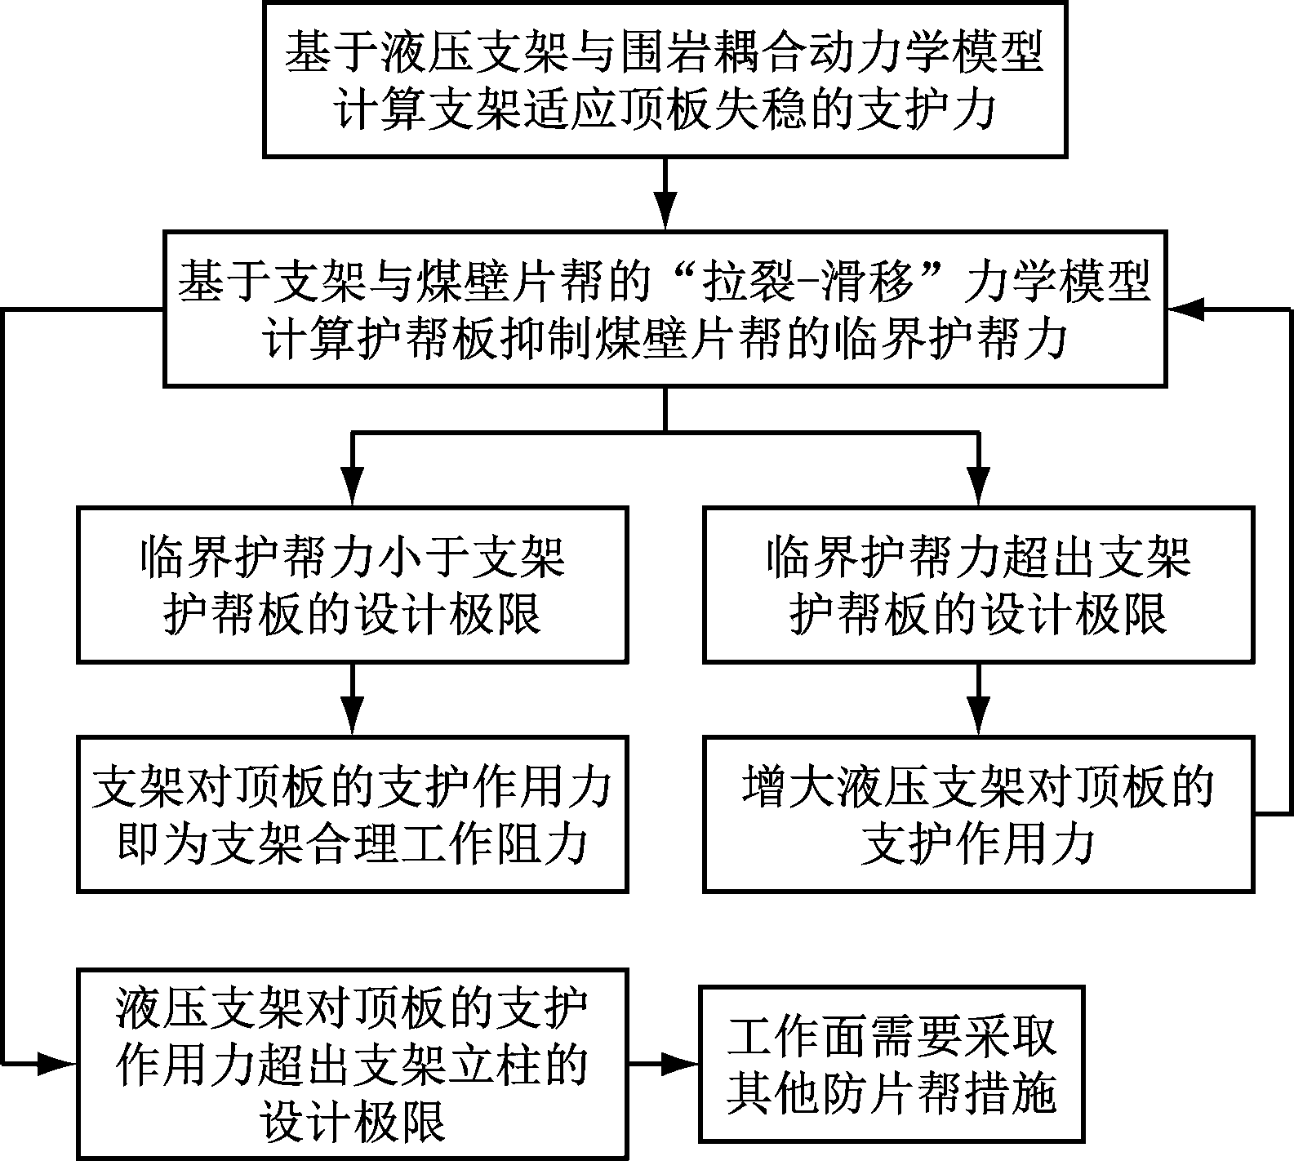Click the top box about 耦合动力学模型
point(665,79)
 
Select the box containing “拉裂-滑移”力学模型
point(665,309)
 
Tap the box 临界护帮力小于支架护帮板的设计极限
point(352,584)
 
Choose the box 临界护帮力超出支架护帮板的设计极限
point(978,584)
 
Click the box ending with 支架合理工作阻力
point(352,813)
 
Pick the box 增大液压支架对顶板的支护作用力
point(978,813)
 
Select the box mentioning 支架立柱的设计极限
point(352,1063)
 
